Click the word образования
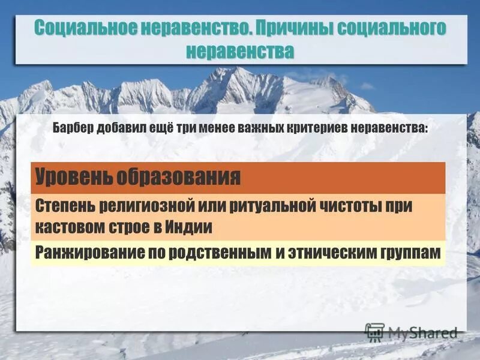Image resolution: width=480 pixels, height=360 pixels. coord(179,177)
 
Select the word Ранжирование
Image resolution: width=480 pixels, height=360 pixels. coord(79,252)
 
